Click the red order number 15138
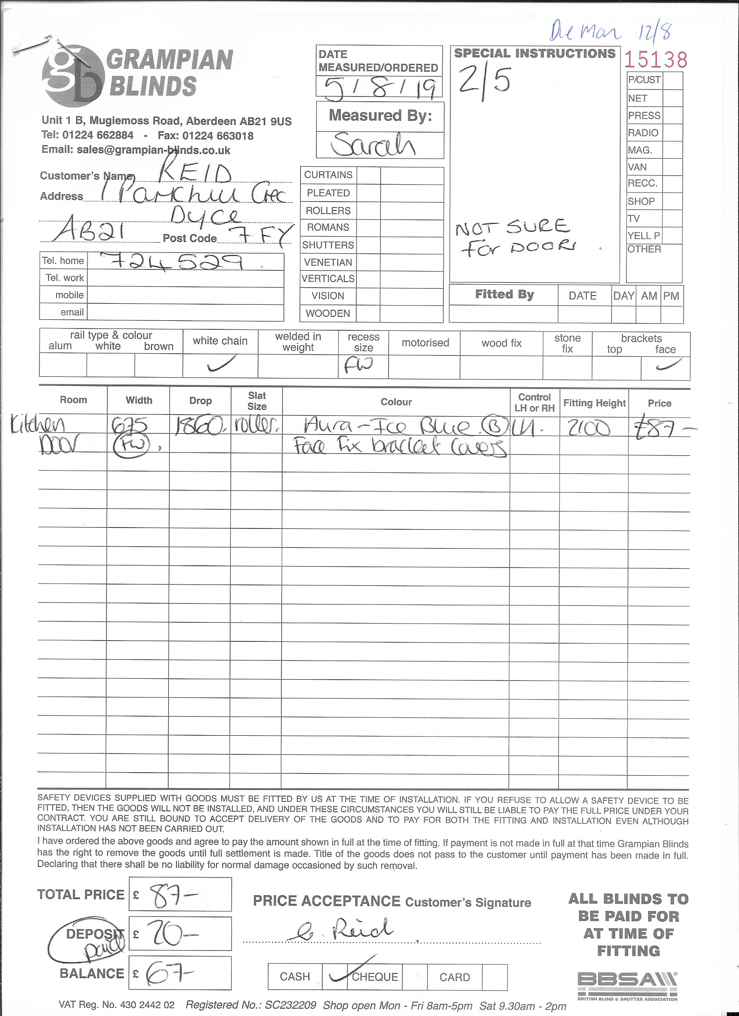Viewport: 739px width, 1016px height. [655, 60]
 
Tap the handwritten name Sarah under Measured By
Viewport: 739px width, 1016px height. [373, 144]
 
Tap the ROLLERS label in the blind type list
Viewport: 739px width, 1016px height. [328, 211]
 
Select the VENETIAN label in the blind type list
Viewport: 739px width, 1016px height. [328, 262]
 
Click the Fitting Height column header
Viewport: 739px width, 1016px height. [594, 403]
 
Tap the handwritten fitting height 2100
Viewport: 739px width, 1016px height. [589, 429]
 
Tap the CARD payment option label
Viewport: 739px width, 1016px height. [454, 977]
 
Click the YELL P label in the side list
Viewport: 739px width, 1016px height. [643, 236]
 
